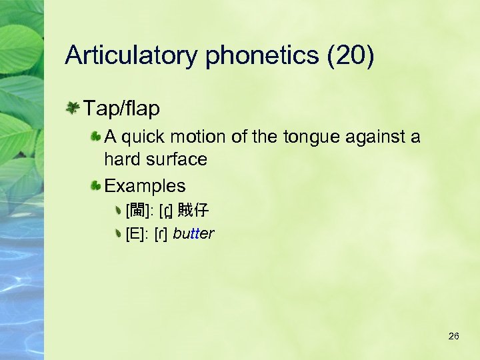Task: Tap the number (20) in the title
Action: (351, 56)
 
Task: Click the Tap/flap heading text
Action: (121, 108)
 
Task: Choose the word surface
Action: (175, 159)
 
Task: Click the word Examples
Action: (145, 185)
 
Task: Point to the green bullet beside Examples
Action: (97, 185)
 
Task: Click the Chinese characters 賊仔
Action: (193, 211)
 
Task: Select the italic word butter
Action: (193, 233)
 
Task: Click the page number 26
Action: (453, 336)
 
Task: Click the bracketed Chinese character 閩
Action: (137, 211)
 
